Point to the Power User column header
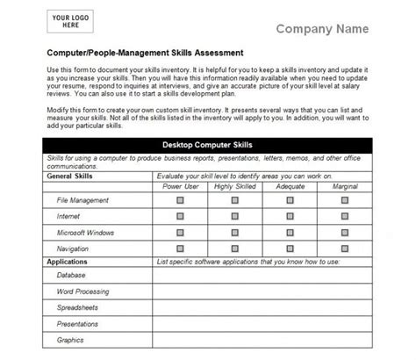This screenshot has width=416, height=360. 180,187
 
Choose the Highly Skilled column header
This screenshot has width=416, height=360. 234,187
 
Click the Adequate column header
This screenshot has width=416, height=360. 289,187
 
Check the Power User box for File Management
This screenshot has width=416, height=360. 180,200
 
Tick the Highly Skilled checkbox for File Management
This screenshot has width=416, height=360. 234,200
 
